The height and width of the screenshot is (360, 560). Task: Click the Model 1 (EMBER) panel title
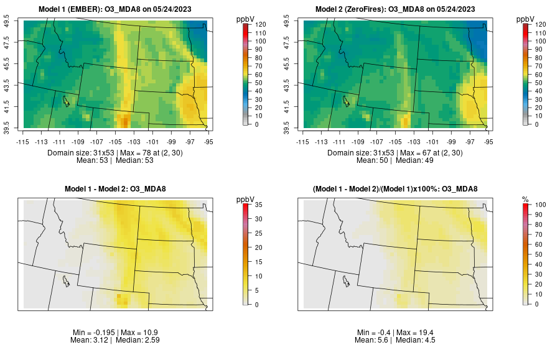(118, 9)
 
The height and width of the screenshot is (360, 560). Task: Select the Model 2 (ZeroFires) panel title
(397, 9)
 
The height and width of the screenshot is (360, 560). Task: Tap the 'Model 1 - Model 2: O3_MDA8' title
(118, 189)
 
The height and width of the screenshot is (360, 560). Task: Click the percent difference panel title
(397, 189)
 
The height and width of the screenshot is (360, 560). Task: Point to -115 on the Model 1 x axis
(24, 142)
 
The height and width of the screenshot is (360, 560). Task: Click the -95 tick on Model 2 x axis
(490, 142)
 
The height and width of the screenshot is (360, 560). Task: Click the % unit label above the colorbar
(526, 199)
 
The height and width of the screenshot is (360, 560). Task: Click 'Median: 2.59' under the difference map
(140, 341)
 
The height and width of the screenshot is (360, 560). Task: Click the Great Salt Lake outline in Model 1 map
(65, 100)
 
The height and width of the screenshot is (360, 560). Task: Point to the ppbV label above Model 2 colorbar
(526, 19)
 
